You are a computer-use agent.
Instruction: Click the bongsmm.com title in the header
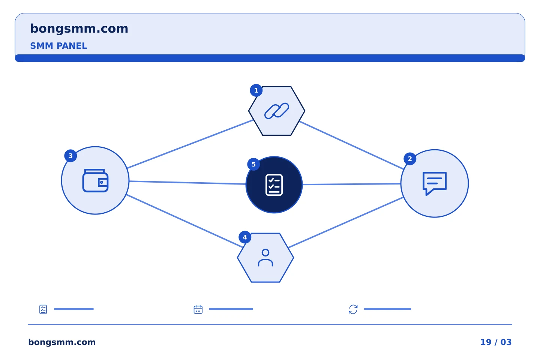[79, 29]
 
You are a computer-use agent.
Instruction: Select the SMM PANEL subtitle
[58, 46]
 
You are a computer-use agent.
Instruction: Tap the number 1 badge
[256, 90]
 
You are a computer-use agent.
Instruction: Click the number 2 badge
[410, 159]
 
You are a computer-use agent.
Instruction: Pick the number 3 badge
[70, 156]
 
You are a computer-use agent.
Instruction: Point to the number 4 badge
[245, 237]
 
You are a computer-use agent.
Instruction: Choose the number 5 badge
[253, 165]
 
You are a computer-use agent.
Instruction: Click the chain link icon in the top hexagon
[277, 111]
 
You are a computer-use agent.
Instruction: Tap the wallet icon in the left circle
[96, 181]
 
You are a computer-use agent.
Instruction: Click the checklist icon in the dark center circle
[274, 185]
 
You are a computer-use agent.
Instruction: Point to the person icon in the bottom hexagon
[265, 258]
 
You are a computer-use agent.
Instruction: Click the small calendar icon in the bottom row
[198, 309]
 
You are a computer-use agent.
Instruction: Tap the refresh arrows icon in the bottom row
[353, 309]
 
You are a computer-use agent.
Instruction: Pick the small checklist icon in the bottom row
[43, 309]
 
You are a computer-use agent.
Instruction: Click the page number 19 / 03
[496, 342]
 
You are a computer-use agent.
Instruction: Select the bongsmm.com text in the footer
[62, 342]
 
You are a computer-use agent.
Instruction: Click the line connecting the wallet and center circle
[187, 183]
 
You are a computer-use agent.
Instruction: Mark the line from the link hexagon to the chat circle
[351, 145]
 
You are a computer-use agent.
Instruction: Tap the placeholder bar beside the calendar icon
[231, 309]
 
